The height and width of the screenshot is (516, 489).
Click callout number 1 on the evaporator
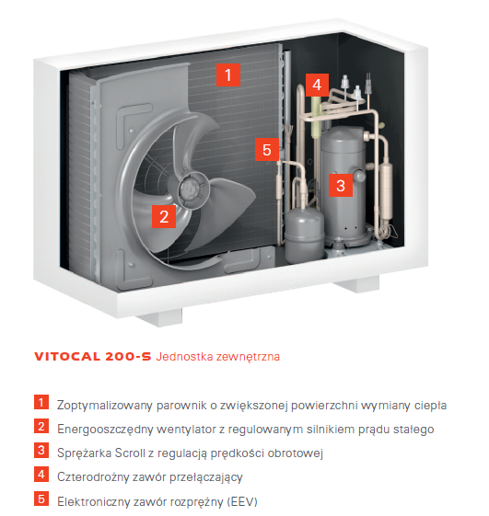pos(228,75)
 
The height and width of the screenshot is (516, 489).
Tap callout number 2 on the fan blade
pos(164,216)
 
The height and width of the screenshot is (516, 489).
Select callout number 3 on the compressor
pos(341,185)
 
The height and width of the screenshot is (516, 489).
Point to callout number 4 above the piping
pos(317,85)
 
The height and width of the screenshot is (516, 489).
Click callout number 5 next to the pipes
pos(267,149)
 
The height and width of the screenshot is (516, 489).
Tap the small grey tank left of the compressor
pos(304,235)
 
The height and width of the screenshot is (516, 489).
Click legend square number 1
pos(41,402)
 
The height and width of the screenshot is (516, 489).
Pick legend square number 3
pos(41,450)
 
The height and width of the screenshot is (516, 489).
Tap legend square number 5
pos(41,499)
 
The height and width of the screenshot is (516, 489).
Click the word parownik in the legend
pos(180,406)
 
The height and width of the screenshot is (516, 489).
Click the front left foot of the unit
pos(160,316)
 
